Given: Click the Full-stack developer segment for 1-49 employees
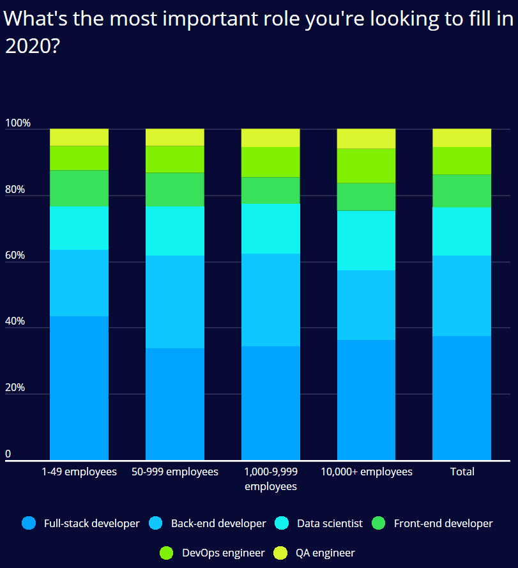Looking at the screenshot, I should tap(79, 387).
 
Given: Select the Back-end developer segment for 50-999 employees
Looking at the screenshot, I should tap(175, 302).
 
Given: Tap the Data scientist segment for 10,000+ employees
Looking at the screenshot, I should tap(366, 240).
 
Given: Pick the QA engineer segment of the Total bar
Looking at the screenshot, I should tap(462, 137).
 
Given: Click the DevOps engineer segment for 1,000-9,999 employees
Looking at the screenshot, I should tap(270, 162).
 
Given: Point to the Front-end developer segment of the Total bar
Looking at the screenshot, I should tap(462, 190).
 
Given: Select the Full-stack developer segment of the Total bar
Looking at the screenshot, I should tap(462, 397).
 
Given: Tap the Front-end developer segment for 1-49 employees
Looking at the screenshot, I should tap(79, 188).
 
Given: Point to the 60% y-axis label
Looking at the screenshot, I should tap(15, 256).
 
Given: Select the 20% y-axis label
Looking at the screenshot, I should tap(15, 388).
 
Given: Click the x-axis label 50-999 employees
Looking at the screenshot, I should tap(175, 472).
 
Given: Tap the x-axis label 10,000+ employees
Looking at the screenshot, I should tap(366, 472).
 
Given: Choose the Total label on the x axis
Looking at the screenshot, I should tap(462, 472).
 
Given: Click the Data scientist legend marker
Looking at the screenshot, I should tap(282, 523).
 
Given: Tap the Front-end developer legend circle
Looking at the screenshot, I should tap(379, 523).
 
